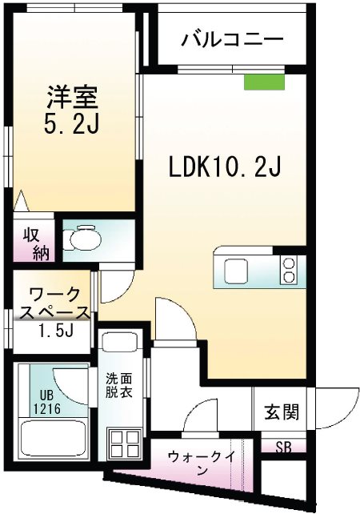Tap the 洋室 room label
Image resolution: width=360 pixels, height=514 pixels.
click(71, 98)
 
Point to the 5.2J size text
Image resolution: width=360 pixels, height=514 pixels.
click(71, 126)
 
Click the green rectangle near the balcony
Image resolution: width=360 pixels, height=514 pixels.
click(264, 81)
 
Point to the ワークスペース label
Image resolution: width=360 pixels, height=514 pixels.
click(52, 303)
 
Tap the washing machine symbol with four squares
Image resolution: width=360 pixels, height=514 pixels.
click(124, 442)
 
